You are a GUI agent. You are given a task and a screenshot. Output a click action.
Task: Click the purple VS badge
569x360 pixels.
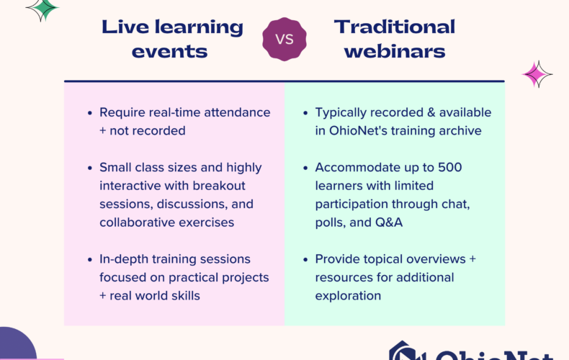pos(284,39)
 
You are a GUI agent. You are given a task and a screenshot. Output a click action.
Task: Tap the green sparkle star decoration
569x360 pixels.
pos(43,9)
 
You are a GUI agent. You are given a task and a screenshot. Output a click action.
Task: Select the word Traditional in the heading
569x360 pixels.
pos(395,27)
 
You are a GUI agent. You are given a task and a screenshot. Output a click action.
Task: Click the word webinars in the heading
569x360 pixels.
pos(395,52)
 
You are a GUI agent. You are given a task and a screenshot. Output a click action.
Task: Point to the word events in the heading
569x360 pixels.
pos(169,52)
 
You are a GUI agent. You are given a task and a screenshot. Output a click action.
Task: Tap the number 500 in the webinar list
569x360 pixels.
pos(450,167)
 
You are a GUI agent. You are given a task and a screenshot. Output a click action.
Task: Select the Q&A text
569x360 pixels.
pos(389,222)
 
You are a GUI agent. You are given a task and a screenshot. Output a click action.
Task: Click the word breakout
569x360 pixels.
pos(219,186)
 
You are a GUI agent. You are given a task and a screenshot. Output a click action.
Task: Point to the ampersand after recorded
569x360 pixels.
pos(431,112)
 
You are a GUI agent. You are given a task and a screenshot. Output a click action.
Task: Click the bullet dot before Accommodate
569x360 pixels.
pos(305,168)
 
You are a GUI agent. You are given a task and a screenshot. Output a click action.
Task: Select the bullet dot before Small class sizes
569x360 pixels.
pos(89,168)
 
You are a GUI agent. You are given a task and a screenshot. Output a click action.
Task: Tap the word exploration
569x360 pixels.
pos(348,296)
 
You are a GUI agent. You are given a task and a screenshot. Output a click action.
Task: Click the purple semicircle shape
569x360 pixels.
pos(17,344)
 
